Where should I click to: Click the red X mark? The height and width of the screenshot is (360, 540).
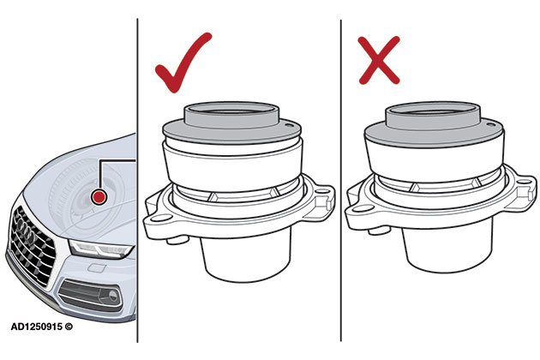point(379,60)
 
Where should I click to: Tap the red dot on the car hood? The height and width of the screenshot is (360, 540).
point(99,196)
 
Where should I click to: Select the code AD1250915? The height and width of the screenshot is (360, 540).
point(37,327)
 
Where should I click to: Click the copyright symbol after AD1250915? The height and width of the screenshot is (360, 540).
point(69,327)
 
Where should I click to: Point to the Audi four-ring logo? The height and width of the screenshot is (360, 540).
point(26,230)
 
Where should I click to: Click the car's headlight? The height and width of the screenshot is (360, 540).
point(100,249)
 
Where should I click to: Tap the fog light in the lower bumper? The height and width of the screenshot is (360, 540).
point(112,295)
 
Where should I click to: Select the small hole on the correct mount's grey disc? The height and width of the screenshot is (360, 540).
point(289,124)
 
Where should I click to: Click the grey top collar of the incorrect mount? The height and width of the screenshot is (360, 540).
point(433,116)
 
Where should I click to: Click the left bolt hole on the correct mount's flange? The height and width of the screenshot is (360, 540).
point(161,218)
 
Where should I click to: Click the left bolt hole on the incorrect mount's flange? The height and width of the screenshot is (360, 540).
point(363,208)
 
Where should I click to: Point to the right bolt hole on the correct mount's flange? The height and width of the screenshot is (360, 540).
point(322,190)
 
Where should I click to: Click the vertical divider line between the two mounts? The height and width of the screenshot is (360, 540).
point(341,180)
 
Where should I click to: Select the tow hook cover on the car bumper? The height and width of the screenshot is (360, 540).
point(94,267)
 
